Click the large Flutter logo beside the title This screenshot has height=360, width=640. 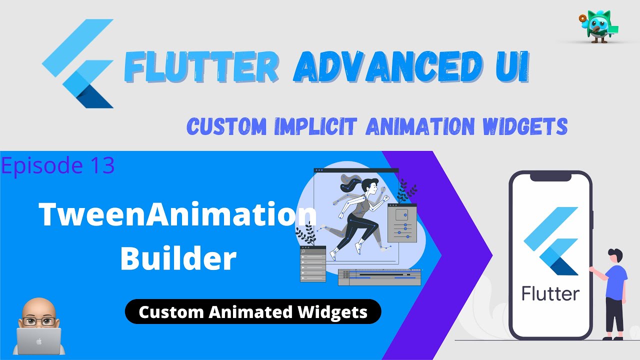[x=80, y=65]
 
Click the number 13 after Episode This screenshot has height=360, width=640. [x=99, y=166]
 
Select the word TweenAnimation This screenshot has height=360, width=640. [x=178, y=215]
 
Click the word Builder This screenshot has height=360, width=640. [x=178, y=258]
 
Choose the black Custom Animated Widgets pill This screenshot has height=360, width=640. [x=253, y=312]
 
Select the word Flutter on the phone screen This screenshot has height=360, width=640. [x=550, y=293]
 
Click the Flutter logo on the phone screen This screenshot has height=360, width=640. [x=550, y=240]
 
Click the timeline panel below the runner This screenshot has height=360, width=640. [x=379, y=277]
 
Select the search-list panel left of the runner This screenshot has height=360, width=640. [x=312, y=264]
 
